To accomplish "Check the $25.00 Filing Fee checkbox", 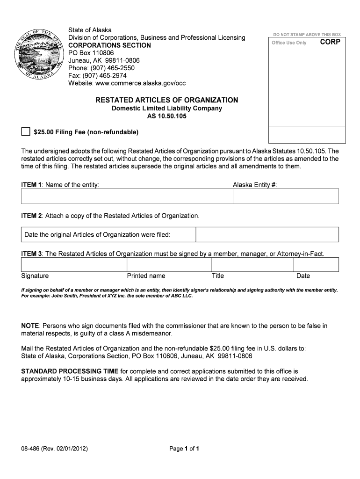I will (25, 132).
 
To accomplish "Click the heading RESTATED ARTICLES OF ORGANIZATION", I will (166, 100).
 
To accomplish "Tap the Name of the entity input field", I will (127, 196).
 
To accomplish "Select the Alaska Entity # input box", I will (285, 196).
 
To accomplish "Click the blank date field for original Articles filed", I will (266, 234).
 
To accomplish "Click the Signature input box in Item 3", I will (73, 265).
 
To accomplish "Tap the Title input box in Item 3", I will (251, 265).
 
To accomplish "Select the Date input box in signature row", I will (316, 265).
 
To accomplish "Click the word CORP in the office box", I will (330, 42).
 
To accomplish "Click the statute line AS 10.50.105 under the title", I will (166, 116).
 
